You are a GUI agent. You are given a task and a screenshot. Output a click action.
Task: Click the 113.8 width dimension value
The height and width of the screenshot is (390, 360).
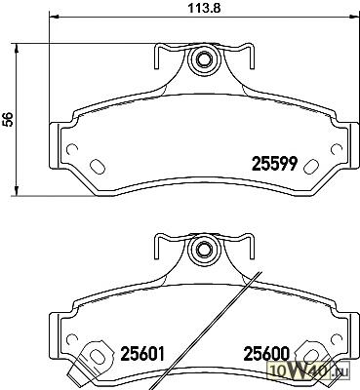click(205, 8)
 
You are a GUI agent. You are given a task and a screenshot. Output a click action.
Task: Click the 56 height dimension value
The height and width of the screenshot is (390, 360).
click(7, 119)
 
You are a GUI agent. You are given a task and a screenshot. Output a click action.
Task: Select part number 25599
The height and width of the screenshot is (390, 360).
click(275, 164)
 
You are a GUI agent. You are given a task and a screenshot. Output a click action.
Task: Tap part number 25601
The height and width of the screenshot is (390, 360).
click(142, 354)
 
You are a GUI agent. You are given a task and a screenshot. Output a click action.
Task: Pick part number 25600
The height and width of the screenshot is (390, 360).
click(266, 354)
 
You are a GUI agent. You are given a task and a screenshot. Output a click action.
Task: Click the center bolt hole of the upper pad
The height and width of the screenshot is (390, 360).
click(204, 59)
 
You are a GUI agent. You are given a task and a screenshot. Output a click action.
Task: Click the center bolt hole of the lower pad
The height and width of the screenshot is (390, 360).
click(204, 249)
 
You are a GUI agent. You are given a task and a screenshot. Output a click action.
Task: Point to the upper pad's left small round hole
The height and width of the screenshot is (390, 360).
click(72, 149)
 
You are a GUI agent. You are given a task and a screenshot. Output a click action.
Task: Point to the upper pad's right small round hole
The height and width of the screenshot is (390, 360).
click(337, 149)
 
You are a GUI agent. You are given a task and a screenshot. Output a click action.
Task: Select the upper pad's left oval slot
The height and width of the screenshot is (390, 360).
click(97, 167)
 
